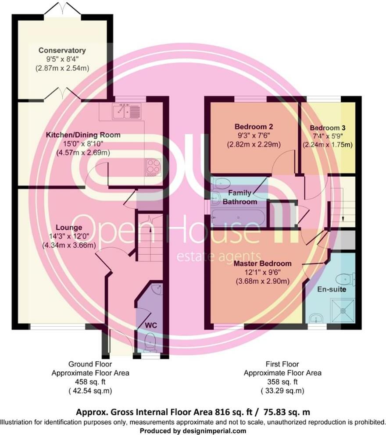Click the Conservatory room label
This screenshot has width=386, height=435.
pyautogui.click(x=62, y=50)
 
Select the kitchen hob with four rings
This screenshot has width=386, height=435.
pyautogui.click(x=153, y=167)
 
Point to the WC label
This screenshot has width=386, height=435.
pyautogui.click(x=151, y=325)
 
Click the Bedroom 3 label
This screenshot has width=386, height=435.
pyautogui.click(x=328, y=128)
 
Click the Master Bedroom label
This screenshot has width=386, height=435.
pyautogui.click(x=262, y=264)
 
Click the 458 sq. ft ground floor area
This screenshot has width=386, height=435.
pyautogui.click(x=90, y=382)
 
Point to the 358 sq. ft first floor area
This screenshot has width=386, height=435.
pyautogui.click(x=282, y=382)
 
